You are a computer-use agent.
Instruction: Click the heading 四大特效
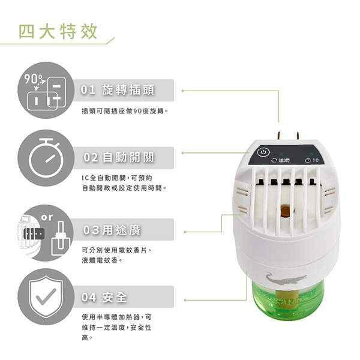coord(58,31)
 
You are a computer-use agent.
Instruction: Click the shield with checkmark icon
coord(46,296)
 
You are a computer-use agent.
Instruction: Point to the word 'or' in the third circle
coord(47,217)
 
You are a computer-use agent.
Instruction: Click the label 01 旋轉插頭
coord(118,90)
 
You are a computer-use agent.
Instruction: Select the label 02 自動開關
coord(119,157)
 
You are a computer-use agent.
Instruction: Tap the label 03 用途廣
coord(112,230)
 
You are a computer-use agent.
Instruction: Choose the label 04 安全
coord(104,297)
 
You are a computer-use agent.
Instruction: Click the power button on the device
coord(263,152)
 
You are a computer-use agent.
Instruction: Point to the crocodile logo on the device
coord(286,279)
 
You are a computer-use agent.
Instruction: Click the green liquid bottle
coord(288,301)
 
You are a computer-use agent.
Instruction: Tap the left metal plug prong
coord(279,137)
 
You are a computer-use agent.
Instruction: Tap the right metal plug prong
coord(298,137)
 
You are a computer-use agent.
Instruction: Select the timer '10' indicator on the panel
coord(312,160)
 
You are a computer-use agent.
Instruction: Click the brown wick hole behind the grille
coord(285,211)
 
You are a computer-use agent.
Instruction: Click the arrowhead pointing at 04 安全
coord(185,300)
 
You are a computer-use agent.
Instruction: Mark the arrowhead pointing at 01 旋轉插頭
coord(183,91)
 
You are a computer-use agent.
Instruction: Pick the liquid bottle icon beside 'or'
coord(61,238)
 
